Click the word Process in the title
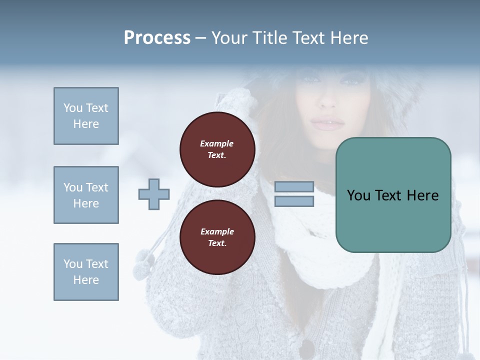tap(157, 38)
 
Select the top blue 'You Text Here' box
tap(86, 116)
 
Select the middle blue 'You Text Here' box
tap(86, 195)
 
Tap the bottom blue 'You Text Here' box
tap(86, 272)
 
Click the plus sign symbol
tap(154, 194)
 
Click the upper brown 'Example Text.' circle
tap(217, 149)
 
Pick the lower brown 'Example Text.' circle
tap(217, 237)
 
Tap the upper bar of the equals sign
tap(294, 187)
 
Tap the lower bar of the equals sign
tap(294, 201)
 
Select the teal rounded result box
tap(393, 195)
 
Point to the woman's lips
tap(327, 123)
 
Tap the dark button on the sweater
tap(306, 348)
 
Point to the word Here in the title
tap(348, 38)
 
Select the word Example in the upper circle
tap(217, 143)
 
